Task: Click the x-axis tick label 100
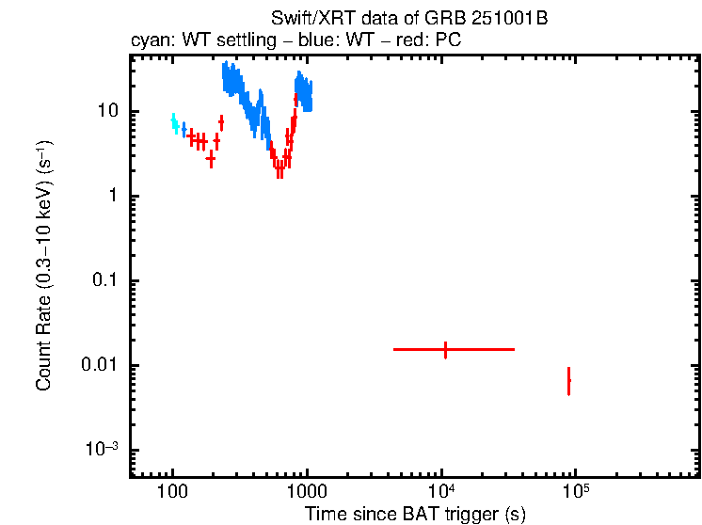click(x=172, y=492)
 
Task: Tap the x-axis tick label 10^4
click(x=442, y=490)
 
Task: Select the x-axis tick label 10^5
click(x=575, y=490)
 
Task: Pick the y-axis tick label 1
click(x=111, y=196)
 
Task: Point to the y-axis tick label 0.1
click(x=103, y=280)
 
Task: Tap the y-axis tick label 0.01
click(x=98, y=365)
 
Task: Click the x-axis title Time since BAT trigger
click(x=415, y=514)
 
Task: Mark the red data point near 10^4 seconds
click(x=445, y=349)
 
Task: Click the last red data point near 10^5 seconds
click(x=568, y=381)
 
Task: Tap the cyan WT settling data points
click(x=174, y=123)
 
